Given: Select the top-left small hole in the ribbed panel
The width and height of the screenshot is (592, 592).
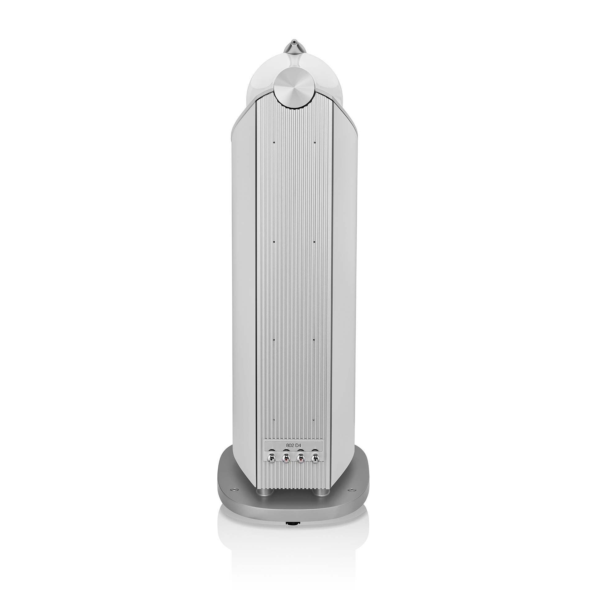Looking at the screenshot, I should coord(273,142).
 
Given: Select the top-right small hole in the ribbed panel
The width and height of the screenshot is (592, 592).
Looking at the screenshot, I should coord(314,142).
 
